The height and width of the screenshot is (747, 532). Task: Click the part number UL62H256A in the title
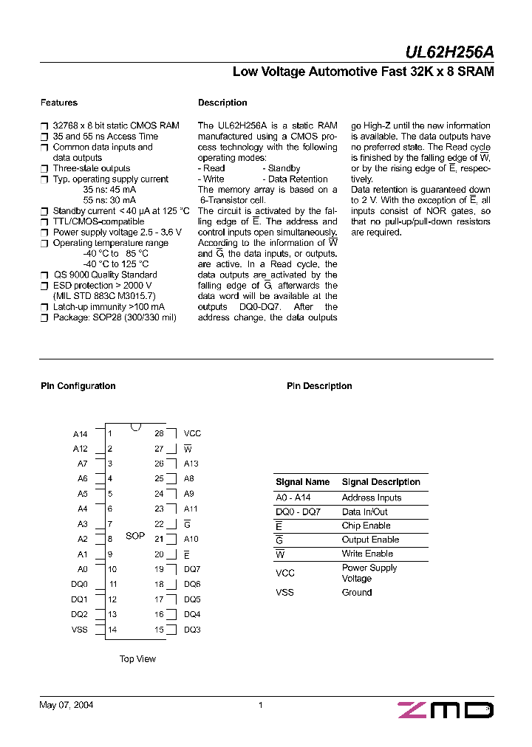coord(449,52)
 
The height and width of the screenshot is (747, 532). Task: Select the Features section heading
coord(58,103)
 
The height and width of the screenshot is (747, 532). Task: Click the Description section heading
coord(222,103)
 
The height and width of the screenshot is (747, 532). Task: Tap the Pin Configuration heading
coord(78,386)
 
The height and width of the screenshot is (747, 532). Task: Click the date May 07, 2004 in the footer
coord(66,705)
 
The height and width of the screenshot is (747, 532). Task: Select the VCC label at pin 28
coord(192,434)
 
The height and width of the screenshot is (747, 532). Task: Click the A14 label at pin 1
coord(80,434)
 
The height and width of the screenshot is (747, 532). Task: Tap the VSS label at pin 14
coord(79,630)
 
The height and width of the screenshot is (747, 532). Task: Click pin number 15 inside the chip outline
coord(159,630)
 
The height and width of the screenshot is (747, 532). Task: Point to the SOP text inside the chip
coord(135,536)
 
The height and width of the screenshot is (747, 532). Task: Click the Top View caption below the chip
coord(137,658)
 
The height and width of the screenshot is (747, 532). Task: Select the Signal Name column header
coord(302,482)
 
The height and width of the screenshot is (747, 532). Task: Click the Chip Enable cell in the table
coord(366,526)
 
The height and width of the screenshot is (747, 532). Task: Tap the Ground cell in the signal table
coord(356,593)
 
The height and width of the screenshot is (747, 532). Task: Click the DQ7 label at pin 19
coord(192,569)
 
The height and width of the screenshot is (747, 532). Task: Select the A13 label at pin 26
coord(191,464)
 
